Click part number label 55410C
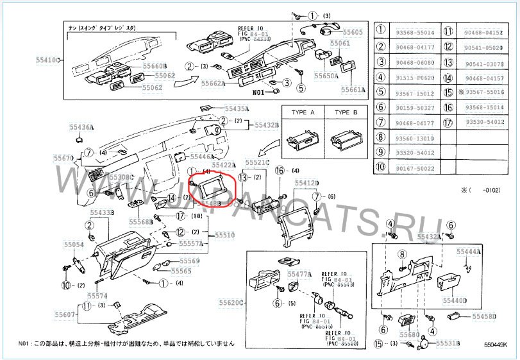pyautogui.click(x=47, y=59)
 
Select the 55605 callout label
pyautogui.click(x=352, y=32)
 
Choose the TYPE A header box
pyautogui.click(x=303, y=112)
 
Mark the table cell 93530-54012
pyautogui.click(x=484, y=122)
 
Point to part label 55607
pyautogui.click(x=65, y=314)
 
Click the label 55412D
pyautogui.click(x=306, y=183)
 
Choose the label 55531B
pyautogui.click(x=449, y=344)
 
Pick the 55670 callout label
pyautogui.click(x=63, y=157)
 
